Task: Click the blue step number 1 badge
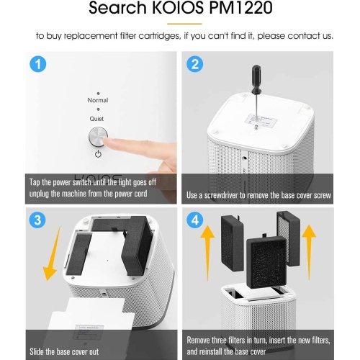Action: pyautogui.click(x=38, y=64)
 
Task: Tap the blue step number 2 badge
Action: pyautogui.click(x=194, y=64)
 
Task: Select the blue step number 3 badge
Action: pyautogui.click(x=37, y=220)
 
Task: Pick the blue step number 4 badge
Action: pyautogui.click(x=195, y=220)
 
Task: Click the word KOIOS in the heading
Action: pyautogui.click(x=178, y=8)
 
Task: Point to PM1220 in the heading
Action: pyautogui.click(x=240, y=8)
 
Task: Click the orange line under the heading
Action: pyautogui.click(x=184, y=24)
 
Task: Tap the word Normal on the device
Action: pyautogui.click(x=98, y=100)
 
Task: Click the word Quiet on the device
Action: pyautogui.click(x=96, y=119)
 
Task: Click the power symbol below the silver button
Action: pyautogui.click(x=98, y=154)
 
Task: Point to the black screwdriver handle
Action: pyautogui.click(x=256, y=79)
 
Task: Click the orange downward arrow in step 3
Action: pyautogui.click(x=51, y=253)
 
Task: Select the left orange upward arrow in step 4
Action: pyautogui.click(x=207, y=253)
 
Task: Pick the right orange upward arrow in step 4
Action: pyautogui.click(x=309, y=252)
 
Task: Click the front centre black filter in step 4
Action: pyautogui.click(x=266, y=262)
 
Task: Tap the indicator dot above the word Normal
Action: pyautogui.click(x=98, y=94)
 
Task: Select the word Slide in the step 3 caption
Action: pyautogui.click(x=37, y=351)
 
